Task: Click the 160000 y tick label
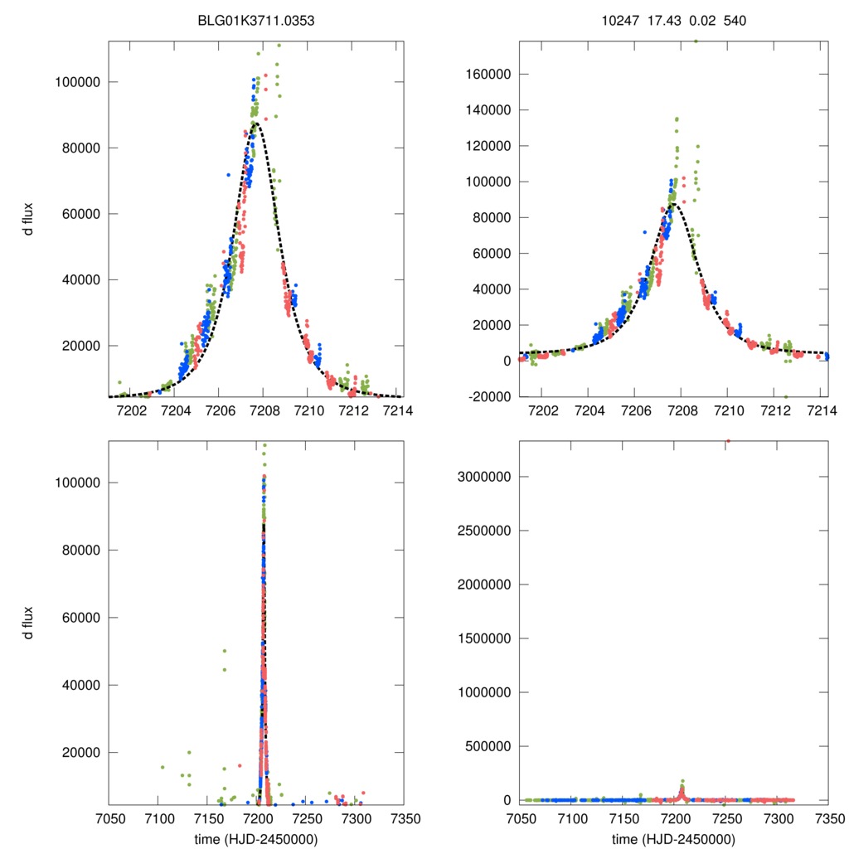pyautogui.click(x=491, y=74)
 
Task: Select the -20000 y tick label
pyautogui.click(x=491, y=396)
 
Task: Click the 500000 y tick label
pyautogui.click(x=488, y=746)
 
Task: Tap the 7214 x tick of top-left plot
pyautogui.click(x=395, y=410)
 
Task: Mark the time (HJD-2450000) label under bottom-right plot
pyautogui.click(x=673, y=838)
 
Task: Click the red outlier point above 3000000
pyautogui.click(x=728, y=441)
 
